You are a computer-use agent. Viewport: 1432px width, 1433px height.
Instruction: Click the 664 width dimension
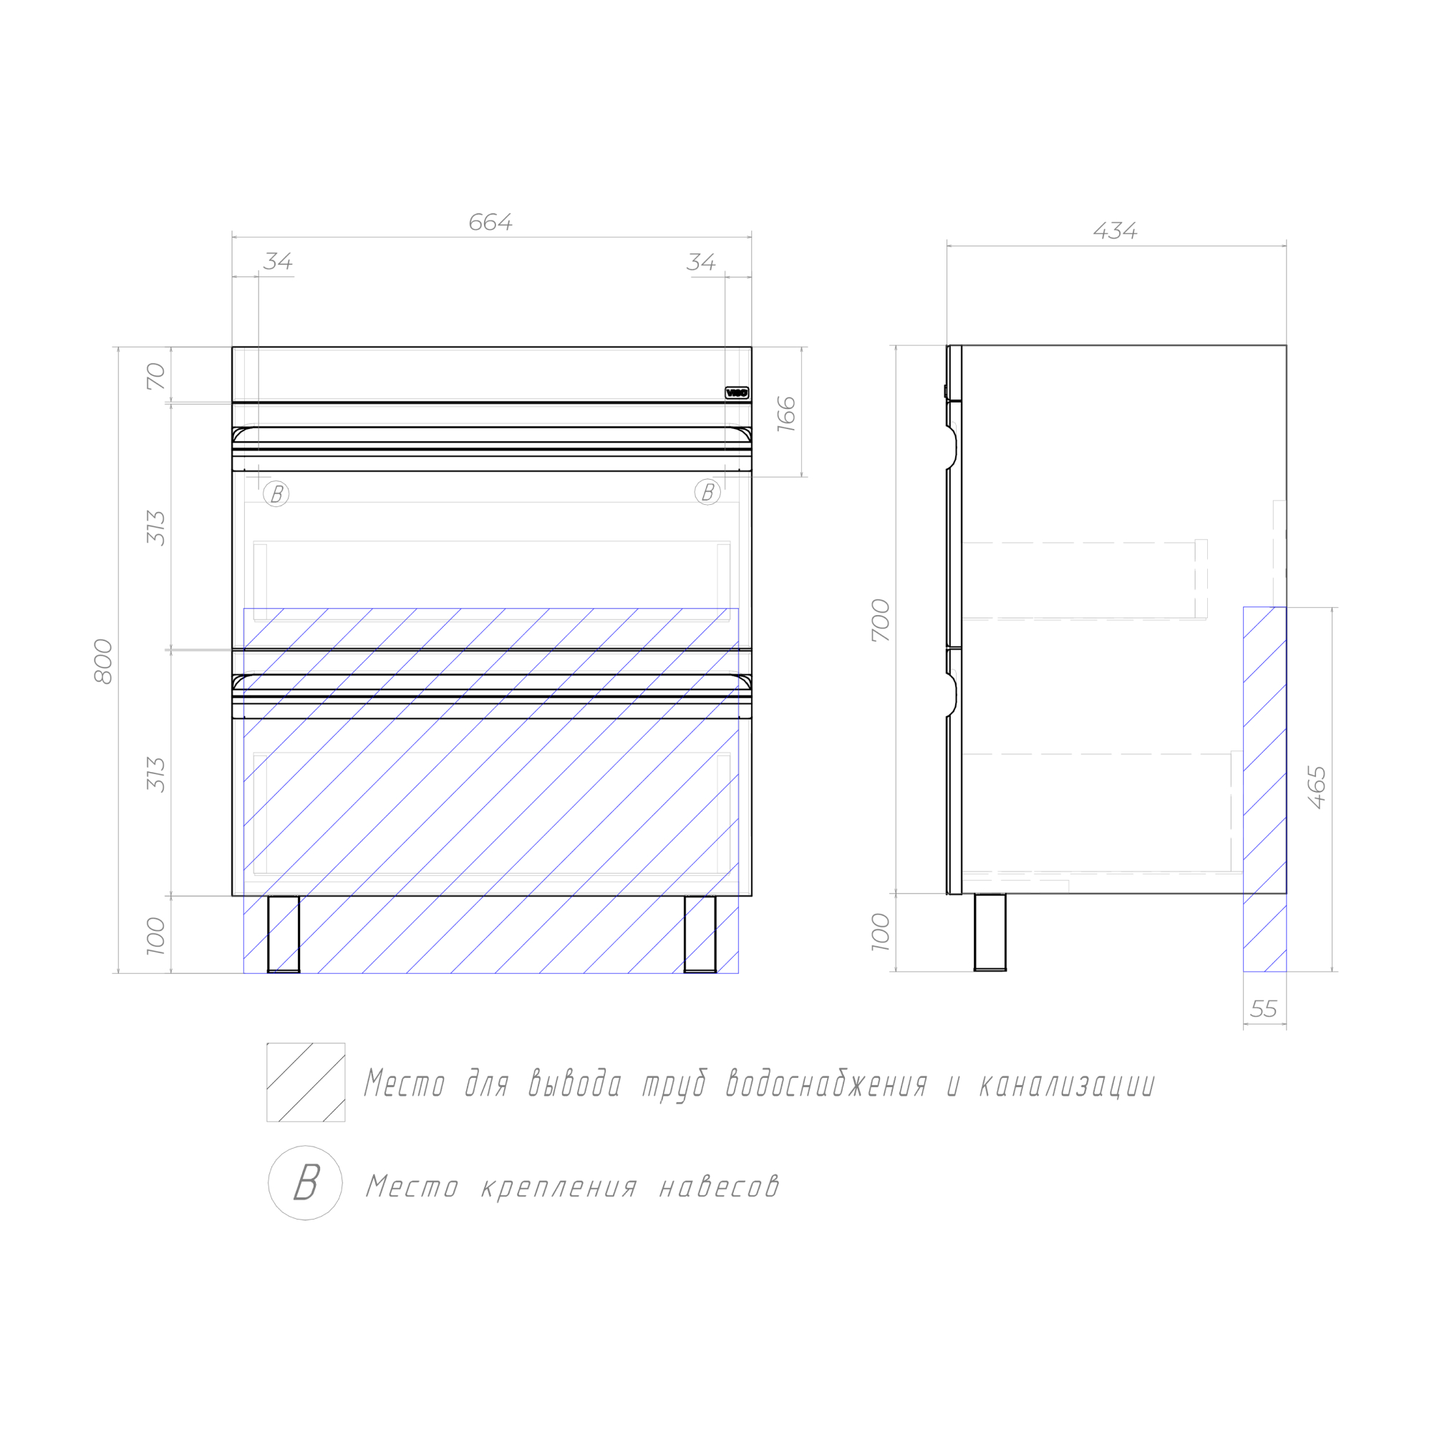pos(490,223)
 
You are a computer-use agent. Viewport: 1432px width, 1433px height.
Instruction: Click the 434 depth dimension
pos(1115,231)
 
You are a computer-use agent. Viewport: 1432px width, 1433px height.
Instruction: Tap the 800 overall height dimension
pos(104,661)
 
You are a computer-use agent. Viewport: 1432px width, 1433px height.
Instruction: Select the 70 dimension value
pos(156,376)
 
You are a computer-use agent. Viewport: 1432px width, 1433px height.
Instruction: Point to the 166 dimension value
pos(786,414)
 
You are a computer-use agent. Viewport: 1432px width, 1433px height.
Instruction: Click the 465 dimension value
pos(1316,787)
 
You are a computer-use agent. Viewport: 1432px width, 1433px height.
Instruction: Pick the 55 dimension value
pos(1264,1009)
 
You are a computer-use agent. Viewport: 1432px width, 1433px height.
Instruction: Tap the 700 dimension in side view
pos(880,620)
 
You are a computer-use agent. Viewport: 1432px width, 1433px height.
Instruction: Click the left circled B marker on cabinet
pos(276,493)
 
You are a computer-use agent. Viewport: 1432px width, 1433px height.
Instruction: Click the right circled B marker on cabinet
pos(707,492)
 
